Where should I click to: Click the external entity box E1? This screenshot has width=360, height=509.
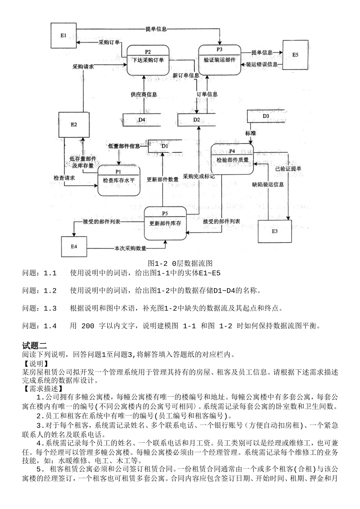coord(64,35)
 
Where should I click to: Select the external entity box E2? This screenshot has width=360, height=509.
coord(74,124)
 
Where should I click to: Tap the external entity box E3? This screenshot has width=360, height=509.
coord(275,231)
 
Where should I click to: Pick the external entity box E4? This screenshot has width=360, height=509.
coord(74,247)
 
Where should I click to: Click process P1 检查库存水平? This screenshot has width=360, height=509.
coord(119,180)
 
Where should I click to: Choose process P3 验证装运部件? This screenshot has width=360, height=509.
coord(220,59)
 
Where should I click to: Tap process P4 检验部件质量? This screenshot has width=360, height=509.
coord(232,159)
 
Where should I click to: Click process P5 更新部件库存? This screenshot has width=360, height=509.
coord(165,223)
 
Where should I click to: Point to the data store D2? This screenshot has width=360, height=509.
coord(196,120)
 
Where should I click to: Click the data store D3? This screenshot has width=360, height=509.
coord(266,116)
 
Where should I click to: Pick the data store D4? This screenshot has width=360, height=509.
coord(142,120)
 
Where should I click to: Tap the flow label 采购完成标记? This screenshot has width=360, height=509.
coord(199,176)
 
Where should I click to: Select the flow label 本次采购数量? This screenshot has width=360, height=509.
coord(130,249)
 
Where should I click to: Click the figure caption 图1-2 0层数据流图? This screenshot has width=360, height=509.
coord(180,263)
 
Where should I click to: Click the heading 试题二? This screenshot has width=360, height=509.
coord(34,345)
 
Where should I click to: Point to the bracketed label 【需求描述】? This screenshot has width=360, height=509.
coord(43,388)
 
